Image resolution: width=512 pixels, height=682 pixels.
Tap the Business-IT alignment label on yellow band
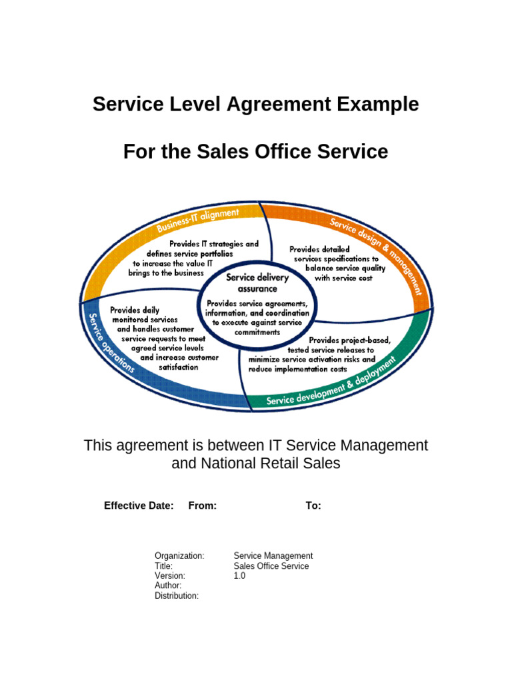coord(198,220)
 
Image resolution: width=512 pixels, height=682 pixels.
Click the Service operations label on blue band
coord(111,342)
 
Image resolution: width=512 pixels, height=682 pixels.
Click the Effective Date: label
coord(139,506)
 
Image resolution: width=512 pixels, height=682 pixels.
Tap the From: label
coord(203,506)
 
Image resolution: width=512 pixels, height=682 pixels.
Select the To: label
coord(313,506)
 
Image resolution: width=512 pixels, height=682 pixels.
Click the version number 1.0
coord(239,575)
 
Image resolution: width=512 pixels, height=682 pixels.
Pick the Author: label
coord(168,585)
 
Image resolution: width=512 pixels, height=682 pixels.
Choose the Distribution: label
coord(177,595)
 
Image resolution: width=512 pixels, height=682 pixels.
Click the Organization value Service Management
coord(273,555)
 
